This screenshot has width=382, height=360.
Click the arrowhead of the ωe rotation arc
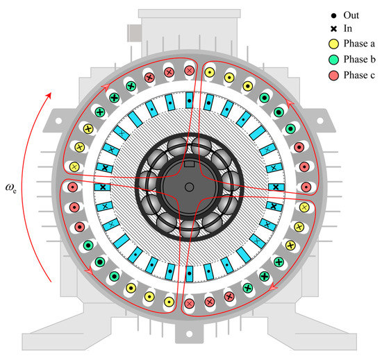48,90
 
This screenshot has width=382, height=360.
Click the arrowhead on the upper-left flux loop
107,87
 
